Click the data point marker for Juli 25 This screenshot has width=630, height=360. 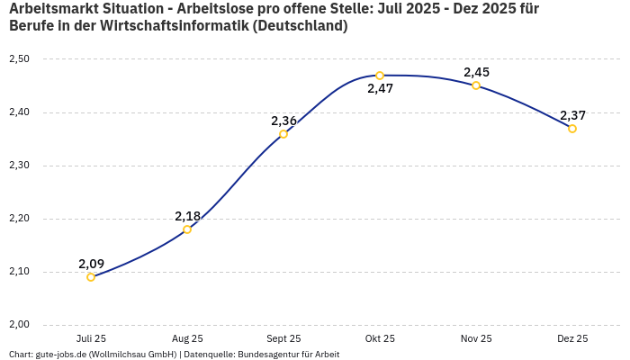[x=91, y=277]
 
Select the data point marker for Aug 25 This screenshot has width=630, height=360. [x=187, y=229]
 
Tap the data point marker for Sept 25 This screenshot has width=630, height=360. [x=283, y=134]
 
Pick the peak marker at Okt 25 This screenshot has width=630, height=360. [x=380, y=76]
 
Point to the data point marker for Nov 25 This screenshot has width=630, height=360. [x=476, y=85]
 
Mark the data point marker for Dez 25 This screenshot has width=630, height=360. [x=572, y=129]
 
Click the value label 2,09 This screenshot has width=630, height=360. [x=91, y=264]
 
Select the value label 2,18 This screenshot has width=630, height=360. [x=187, y=216]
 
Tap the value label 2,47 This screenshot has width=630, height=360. [x=380, y=89]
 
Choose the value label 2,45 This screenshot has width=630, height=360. [x=476, y=72]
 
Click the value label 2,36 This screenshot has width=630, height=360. [x=283, y=121]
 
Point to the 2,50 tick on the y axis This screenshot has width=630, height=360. [x=19, y=59]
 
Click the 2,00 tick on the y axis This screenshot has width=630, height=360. [x=19, y=325]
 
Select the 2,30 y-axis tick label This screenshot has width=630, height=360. [x=19, y=166]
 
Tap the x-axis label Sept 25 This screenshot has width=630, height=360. [x=283, y=339]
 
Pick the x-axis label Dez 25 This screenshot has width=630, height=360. [x=572, y=339]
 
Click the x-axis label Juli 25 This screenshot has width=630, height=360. [x=91, y=339]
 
